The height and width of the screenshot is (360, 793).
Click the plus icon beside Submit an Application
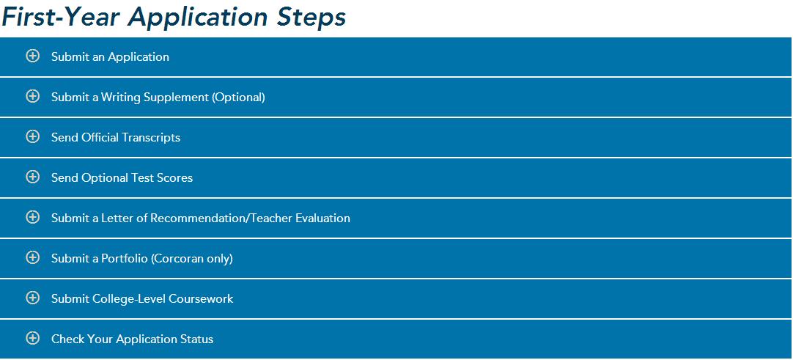[x=32, y=56]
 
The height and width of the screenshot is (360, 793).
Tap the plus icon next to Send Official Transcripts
[x=32, y=136]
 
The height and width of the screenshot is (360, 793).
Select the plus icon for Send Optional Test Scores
[x=32, y=177]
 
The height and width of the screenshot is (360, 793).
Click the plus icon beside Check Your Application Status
[x=32, y=338]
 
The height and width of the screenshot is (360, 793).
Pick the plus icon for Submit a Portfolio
[x=32, y=258]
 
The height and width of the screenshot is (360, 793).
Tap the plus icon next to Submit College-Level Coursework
[x=32, y=298]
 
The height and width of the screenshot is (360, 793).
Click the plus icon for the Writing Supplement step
[x=32, y=96]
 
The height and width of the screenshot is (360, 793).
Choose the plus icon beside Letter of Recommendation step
[x=32, y=218]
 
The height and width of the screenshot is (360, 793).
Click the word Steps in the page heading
[x=311, y=18]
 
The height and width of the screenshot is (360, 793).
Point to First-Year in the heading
[x=61, y=17]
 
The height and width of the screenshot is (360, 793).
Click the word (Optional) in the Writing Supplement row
[x=239, y=97]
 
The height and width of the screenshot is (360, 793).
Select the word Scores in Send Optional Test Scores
[x=177, y=178]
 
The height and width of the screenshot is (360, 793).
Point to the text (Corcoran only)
[x=192, y=259]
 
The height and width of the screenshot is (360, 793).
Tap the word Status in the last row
[x=196, y=339]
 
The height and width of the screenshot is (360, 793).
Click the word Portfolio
[x=125, y=258]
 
